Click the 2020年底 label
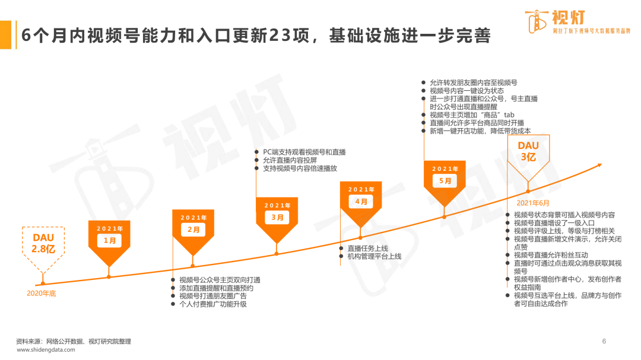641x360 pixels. pyautogui.click(x=42, y=294)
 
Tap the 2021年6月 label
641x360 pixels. pyautogui.click(x=532, y=203)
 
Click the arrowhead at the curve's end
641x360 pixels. pyautogui.click(x=599, y=165)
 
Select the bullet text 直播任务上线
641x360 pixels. pyautogui.click(x=367, y=249)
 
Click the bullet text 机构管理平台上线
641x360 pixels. pyautogui.click(x=374, y=257)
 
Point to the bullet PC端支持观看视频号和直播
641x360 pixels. pyautogui.click(x=304, y=152)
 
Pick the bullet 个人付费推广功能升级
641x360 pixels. pyautogui.click(x=213, y=304)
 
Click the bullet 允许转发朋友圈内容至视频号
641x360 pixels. pyautogui.click(x=473, y=83)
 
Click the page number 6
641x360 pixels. pyautogui.click(x=604, y=341)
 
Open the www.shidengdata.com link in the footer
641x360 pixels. pyautogui.click(x=46, y=350)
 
